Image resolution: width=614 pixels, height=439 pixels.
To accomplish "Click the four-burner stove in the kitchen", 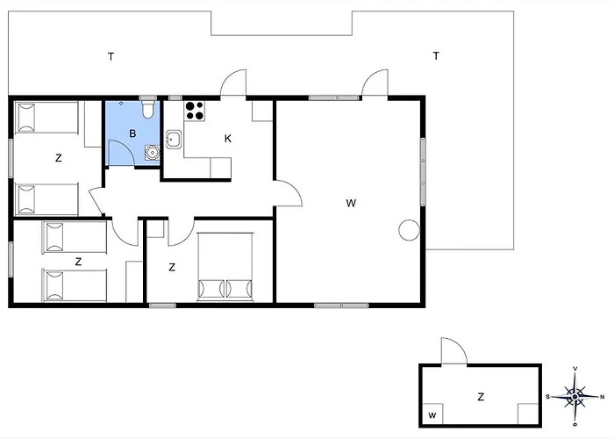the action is click(195, 111).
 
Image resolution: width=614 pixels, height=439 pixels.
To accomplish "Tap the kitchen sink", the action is click(174, 139).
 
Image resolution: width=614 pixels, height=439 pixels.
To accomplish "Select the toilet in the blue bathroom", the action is click(148, 110).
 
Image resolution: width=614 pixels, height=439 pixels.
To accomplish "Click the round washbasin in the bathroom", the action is click(152, 153).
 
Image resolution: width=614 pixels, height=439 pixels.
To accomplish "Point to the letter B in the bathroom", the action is click(132, 133).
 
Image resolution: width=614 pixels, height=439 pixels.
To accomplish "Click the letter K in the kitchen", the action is click(228, 139).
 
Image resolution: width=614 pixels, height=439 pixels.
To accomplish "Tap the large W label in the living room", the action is click(351, 203).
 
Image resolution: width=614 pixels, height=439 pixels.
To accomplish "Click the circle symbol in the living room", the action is click(410, 230).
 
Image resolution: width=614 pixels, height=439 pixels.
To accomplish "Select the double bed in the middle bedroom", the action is click(225, 267).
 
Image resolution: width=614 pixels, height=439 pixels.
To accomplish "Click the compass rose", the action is click(575, 397).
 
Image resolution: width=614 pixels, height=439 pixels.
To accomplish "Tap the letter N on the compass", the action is click(603, 397).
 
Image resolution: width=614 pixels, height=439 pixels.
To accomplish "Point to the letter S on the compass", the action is click(548, 397).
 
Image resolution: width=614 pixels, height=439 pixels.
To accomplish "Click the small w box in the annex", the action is click(432, 415).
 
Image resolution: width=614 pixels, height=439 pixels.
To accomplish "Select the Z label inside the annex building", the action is click(481, 397).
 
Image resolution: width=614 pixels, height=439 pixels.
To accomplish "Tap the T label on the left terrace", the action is click(111, 57).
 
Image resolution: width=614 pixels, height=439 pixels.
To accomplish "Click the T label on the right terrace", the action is click(436, 56).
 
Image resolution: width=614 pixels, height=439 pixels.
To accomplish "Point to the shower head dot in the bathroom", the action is click(121, 104).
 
